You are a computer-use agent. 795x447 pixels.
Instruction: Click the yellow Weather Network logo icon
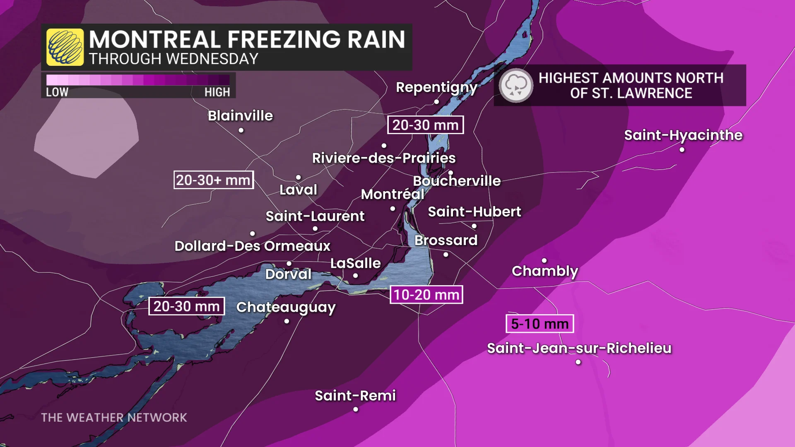coord(65,47)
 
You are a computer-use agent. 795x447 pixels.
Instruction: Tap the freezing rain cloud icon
coord(516,85)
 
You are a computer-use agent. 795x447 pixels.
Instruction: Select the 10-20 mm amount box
coord(426,295)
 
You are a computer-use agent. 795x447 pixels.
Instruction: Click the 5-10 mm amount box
coord(540,324)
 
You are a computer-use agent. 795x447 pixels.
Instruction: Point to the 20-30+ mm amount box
coord(213,180)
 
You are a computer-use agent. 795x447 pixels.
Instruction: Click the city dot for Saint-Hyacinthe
coord(682,150)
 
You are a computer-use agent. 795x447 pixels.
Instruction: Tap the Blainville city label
coord(240,116)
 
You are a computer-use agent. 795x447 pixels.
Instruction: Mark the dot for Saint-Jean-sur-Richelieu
coord(578,362)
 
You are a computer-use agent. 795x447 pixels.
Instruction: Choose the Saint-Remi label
coord(355,396)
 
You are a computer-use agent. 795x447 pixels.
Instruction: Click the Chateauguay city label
coord(286,307)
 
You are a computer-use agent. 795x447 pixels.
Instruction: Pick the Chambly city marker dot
coord(544,260)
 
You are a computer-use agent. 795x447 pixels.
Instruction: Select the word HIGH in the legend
coord(217,92)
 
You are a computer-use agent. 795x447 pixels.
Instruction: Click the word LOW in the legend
coord(57,92)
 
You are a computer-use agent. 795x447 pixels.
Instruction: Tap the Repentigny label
coord(436,87)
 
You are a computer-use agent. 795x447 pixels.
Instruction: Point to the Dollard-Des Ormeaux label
coord(252,246)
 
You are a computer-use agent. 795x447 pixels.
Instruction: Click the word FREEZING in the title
coord(284,40)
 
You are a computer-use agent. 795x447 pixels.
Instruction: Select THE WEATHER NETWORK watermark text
coord(114,418)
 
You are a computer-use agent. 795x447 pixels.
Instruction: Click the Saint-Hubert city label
coord(474,212)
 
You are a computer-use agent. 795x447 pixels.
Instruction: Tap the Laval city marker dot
coord(298,178)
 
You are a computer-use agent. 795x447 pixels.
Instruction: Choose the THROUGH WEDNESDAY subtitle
coord(173,59)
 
